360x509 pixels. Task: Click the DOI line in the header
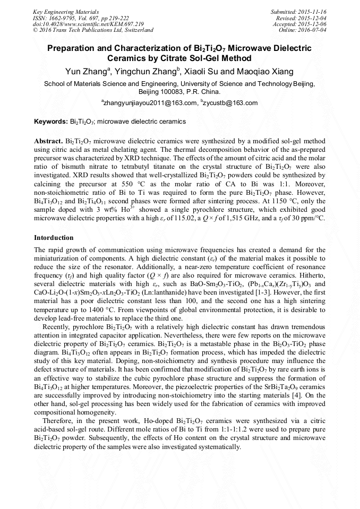pyautogui.click(x=88, y=24)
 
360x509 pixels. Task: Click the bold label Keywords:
pyautogui.click(x=51, y=122)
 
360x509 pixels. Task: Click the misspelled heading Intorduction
pyautogui.click(x=54, y=237)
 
